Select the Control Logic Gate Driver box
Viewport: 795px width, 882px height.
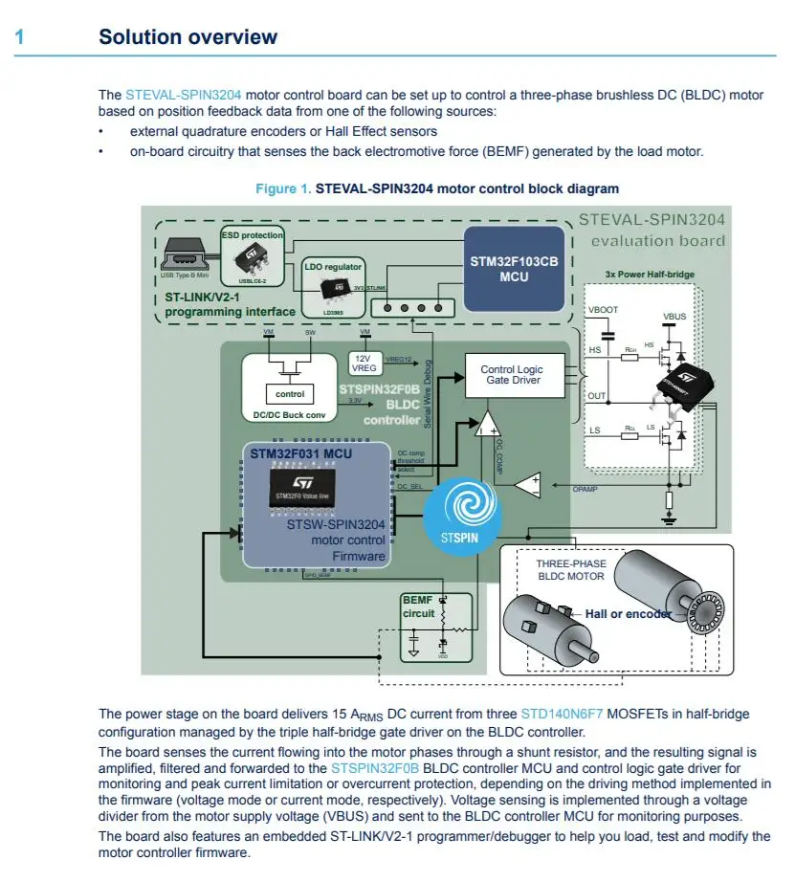[511, 375]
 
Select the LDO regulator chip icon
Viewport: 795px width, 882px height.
[333, 288]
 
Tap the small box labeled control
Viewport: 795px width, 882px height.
[290, 394]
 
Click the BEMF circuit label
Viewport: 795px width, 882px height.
[419, 606]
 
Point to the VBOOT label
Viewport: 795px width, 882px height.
[604, 311]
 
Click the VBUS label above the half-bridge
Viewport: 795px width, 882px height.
[674, 316]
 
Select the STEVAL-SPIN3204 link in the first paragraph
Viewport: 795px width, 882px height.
[183, 96]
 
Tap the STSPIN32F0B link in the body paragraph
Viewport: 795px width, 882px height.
[375, 768]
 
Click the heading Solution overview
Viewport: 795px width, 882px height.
[188, 37]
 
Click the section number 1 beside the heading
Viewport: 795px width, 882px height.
[19, 37]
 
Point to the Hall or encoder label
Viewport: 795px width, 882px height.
[628, 613]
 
